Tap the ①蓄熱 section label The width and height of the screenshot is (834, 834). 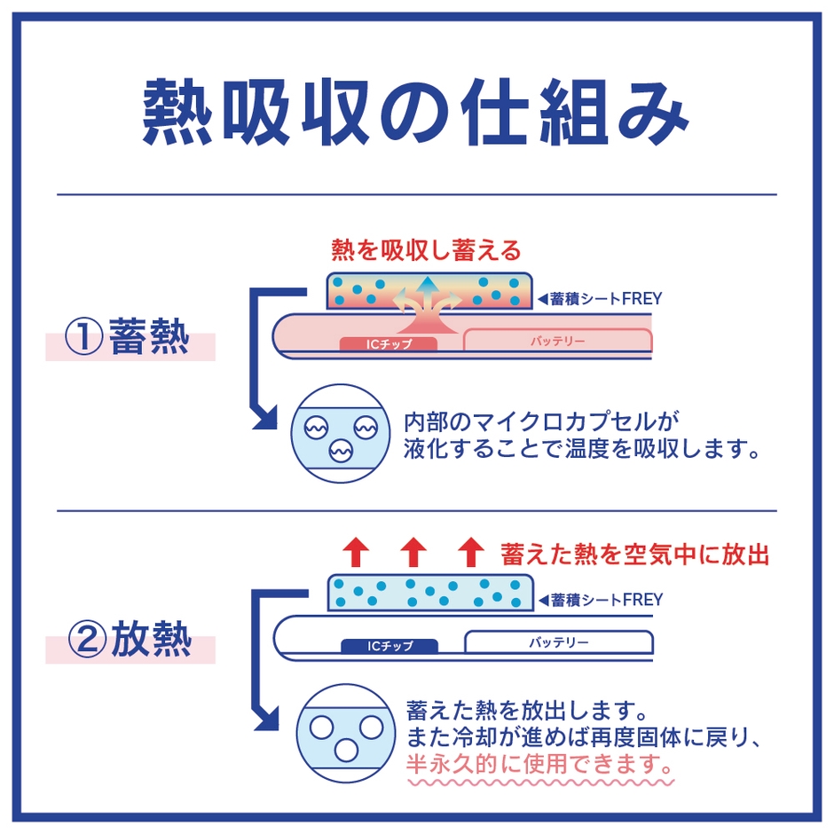pos(131,338)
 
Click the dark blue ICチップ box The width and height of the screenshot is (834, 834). pos(389,645)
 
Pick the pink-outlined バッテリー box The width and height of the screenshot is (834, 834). pos(558,340)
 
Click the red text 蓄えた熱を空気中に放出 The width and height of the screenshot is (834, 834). pos(634,555)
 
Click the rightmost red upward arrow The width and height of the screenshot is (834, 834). pos(470,552)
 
